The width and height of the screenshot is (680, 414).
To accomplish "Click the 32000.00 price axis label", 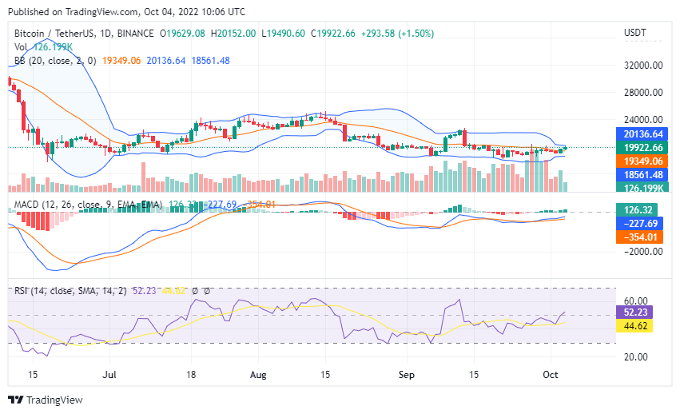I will click(x=643, y=66).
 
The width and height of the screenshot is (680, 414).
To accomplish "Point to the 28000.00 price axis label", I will click(x=643, y=94).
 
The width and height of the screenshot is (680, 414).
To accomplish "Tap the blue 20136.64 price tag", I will click(x=643, y=133).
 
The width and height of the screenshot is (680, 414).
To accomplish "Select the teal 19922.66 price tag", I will click(x=643, y=147).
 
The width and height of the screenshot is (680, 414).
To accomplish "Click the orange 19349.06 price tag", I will click(x=643, y=161).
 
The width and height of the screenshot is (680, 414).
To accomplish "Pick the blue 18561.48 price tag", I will click(x=643, y=174).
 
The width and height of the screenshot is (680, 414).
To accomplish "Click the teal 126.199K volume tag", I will click(x=643, y=188).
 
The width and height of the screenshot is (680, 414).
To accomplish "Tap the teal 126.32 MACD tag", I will click(x=643, y=209).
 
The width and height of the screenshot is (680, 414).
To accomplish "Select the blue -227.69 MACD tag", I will click(x=643, y=223).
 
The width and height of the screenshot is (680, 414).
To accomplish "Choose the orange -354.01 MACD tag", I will click(x=643, y=237).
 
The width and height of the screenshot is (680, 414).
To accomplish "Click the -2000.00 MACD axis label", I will click(x=644, y=251).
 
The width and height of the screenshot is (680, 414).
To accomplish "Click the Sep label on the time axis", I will click(x=406, y=374).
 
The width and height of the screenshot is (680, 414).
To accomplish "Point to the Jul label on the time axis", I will click(x=110, y=374).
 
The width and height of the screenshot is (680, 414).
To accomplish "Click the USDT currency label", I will click(x=635, y=33).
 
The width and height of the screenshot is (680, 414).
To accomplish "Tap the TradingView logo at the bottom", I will click(x=46, y=400).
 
